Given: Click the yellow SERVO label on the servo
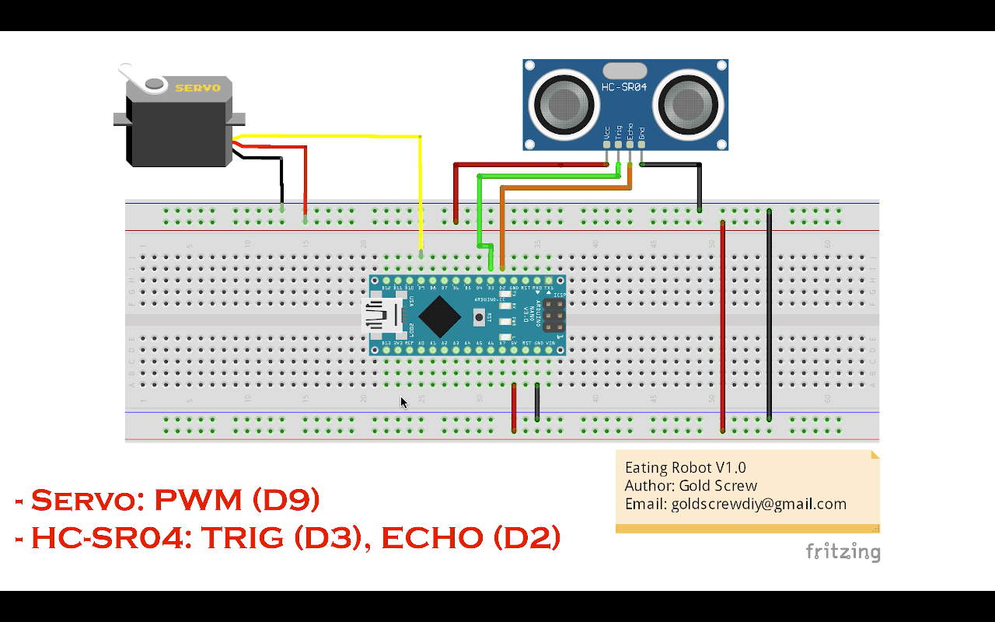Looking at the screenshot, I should click(197, 88).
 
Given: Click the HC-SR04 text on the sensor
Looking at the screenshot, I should click(624, 87).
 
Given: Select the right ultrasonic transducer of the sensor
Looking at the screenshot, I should click(683, 103).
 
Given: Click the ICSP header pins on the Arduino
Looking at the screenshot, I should click(553, 316).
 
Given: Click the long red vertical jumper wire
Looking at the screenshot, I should click(723, 327).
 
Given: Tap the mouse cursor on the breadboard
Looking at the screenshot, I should click(403, 402).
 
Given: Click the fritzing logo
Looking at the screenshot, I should click(843, 551).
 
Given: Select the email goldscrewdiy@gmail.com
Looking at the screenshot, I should click(735, 504).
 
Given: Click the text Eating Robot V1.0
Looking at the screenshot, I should click(685, 467).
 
